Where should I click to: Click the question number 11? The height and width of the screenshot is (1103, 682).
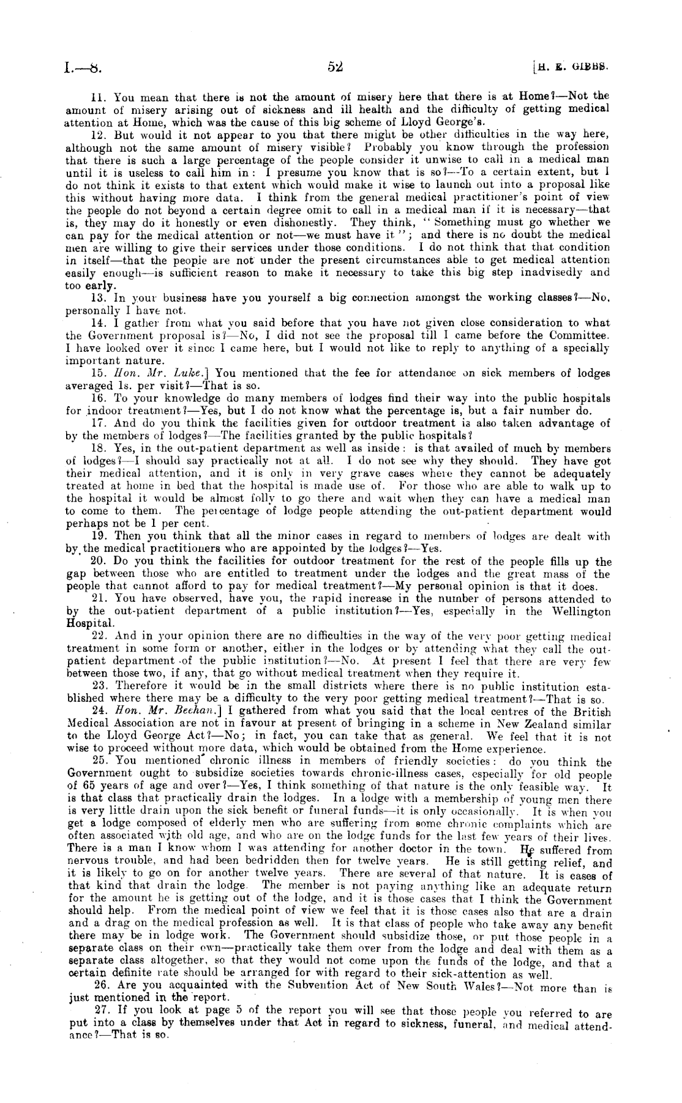pyautogui.click(x=97, y=97)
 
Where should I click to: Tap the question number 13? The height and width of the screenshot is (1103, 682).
pyautogui.click(x=98, y=298)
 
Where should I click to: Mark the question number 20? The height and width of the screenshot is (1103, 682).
pyautogui.click(x=99, y=562)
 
